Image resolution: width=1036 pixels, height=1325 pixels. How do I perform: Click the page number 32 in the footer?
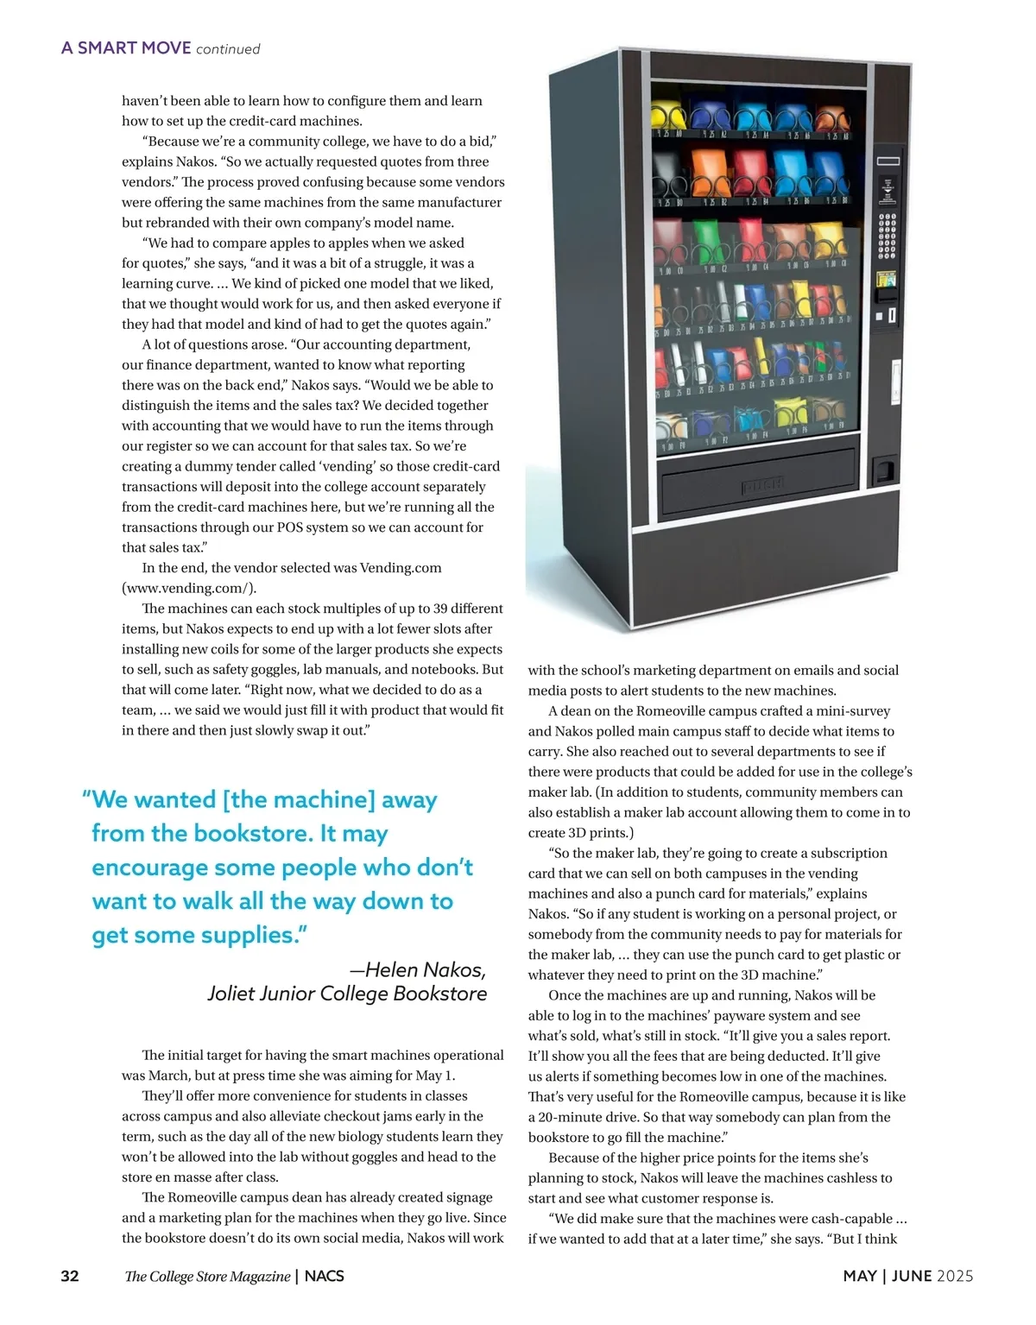pos(70,1276)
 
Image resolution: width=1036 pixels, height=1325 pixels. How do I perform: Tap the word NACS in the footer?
pos(324,1276)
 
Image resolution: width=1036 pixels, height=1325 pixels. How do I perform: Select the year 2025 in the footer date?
pos(954,1276)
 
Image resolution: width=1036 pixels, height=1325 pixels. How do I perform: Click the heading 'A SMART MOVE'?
pos(126,48)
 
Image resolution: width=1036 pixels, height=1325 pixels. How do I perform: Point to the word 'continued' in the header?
pos(228,49)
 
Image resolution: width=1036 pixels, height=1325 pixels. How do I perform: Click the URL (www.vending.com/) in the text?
pos(189,588)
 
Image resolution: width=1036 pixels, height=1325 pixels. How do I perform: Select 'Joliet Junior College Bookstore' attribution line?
pos(347,994)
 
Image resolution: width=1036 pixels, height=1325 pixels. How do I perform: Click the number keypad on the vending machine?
pos(887,237)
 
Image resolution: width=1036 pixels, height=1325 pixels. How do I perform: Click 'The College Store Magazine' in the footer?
pos(207,1276)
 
